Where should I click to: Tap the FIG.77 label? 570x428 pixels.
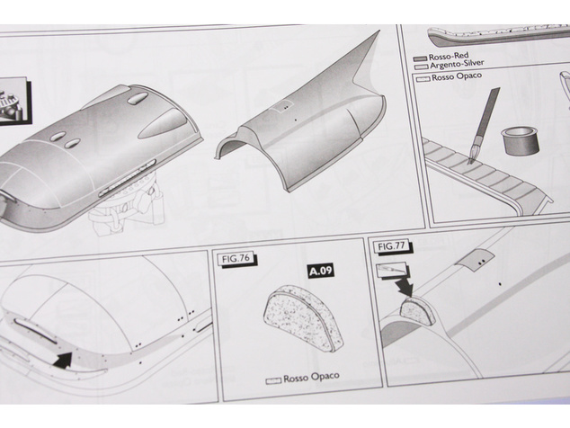click(x=391, y=246)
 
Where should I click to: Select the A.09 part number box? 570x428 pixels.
click(x=320, y=271)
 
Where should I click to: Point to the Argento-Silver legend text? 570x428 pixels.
click(x=457, y=64)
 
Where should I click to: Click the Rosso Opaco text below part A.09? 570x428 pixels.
click(x=311, y=378)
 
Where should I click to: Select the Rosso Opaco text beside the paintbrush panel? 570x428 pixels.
click(x=457, y=76)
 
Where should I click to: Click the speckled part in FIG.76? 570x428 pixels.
click(x=302, y=317)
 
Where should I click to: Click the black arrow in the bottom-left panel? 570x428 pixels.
click(x=63, y=360)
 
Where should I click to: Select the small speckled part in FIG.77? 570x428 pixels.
click(x=417, y=312)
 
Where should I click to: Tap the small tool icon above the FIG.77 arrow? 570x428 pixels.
click(x=391, y=269)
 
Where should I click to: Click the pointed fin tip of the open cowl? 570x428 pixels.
click(x=379, y=31)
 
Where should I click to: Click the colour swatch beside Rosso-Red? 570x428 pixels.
click(x=420, y=58)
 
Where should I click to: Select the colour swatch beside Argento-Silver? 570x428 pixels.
click(x=422, y=67)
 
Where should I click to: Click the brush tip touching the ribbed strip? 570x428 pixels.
click(x=470, y=160)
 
